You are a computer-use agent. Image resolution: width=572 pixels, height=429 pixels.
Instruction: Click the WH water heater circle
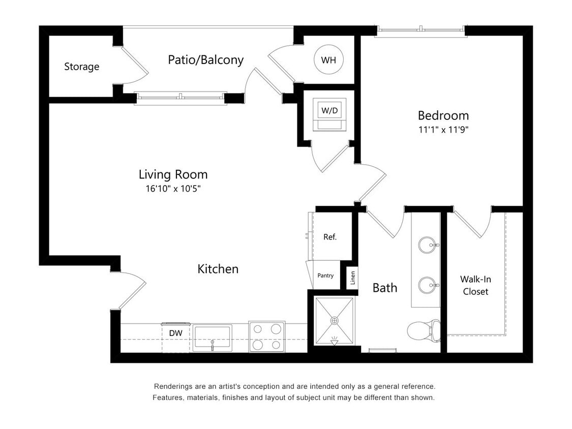(x=328, y=60)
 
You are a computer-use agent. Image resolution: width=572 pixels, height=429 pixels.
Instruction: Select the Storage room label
(x=81, y=67)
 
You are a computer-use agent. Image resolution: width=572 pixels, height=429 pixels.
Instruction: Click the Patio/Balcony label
(x=205, y=60)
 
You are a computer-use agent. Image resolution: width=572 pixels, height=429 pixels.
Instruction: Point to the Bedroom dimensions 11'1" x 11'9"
(x=443, y=130)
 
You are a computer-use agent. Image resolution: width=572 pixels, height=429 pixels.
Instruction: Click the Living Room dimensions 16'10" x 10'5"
(x=173, y=189)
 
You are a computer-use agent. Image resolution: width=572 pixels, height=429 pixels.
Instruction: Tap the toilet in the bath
(x=424, y=331)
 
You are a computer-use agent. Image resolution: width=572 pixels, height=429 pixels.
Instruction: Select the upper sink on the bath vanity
(x=428, y=245)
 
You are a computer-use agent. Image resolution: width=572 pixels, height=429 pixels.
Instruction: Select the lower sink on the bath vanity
(x=428, y=285)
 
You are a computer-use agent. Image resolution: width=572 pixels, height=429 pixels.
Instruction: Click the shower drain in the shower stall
(x=334, y=321)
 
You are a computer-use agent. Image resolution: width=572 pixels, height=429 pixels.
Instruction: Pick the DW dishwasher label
(x=175, y=333)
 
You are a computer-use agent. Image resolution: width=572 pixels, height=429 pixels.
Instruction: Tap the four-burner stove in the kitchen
(x=267, y=336)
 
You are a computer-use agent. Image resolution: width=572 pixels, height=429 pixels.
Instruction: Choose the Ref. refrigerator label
(x=330, y=237)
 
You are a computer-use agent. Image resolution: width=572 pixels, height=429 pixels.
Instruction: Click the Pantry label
(x=325, y=275)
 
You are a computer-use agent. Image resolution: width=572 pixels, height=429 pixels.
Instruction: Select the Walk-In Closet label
(x=475, y=285)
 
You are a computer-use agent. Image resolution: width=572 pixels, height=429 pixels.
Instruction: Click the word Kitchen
(x=218, y=269)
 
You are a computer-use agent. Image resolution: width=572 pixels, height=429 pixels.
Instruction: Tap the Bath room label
(x=385, y=288)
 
